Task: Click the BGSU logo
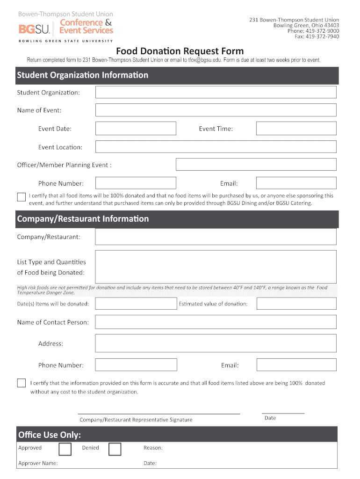pyautogui.click(x=36, y=29)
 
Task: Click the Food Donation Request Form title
pyautogui.click(x=180, y=51)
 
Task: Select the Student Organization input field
pyautogui.click(x=216, y=92)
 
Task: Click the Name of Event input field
pyautogui.click(x=216, y=110)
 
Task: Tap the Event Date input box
pyautogui.click(x=136, y=128)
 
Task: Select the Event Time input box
pyautogui.click(x=296, y=128)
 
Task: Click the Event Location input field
pyautogui.click(x=216, y=147)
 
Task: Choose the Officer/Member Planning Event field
pyautogui.click(x=256, y=165)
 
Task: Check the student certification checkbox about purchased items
pyautogui.click(x=21, y=197)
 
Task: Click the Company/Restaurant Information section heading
pyautogui.click(x=83, y=219)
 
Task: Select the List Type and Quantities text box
pyautogui.click(x=216, y=267)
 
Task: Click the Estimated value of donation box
pyautogui.click(x=296, y=304)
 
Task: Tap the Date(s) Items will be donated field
pyautogui.click(x=136, y=304)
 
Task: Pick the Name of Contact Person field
pyautogui.click(x=216, y=322)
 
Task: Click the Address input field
pyautogui.click(x=216, y=343)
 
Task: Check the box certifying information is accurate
pyautogui.click(x=21, y=383)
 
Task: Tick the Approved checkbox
pyautogui.click(x=65, y=449)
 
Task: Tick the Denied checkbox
pyautogui.click(x=115, y=449)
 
